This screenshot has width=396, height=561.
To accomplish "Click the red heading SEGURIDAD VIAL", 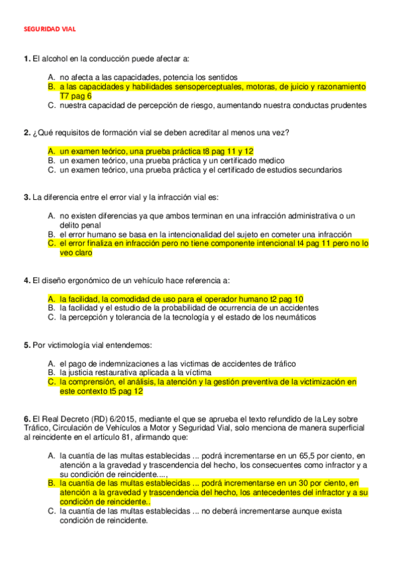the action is coord(50,30).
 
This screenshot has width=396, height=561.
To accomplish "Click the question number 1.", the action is coord(26,59).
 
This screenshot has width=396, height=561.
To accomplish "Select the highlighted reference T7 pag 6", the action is coord(76,96).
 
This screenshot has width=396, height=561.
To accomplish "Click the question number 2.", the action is coord(26,133).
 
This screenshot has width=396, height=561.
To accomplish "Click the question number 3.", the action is coord(26,197).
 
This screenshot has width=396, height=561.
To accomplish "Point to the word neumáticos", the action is coord(295,318).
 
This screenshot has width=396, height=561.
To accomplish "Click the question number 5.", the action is coord(26,345).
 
